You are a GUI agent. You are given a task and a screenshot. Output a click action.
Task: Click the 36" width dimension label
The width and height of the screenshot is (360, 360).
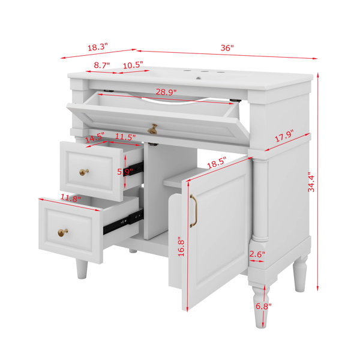click(227, 48)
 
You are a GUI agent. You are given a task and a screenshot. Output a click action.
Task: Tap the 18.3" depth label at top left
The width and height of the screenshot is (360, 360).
click(98, 47)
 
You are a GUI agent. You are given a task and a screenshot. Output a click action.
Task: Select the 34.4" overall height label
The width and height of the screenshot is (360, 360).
click(311, 182)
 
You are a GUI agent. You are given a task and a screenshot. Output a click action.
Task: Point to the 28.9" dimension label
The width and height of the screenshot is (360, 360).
click(166, 92)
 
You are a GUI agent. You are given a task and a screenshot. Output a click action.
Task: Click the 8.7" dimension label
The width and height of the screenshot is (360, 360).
click(102, 65)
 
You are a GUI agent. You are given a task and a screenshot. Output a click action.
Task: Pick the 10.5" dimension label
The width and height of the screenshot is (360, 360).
click(133, 65)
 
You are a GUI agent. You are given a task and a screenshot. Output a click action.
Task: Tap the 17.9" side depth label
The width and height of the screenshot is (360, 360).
click(284, 136)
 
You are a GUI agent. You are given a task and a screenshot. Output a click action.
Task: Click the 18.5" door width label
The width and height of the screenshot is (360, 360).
click(217, 163)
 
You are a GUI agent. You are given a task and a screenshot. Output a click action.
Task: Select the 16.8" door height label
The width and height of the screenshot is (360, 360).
click(181, 248)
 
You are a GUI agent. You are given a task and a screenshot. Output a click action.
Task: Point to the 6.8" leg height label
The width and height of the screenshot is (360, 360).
click(263, 306)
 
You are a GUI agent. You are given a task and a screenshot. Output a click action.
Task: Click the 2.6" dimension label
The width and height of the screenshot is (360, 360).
click(257, 254)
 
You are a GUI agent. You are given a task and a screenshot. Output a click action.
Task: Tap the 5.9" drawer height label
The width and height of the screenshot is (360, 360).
click(125, 172)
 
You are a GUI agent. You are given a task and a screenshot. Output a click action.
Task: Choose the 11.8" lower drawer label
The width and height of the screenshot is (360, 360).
click(71, 198)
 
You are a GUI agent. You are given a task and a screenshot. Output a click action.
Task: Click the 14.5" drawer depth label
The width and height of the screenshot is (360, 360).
click(95, 138)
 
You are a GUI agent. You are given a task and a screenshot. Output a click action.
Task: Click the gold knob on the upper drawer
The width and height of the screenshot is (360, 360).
click(84, 172)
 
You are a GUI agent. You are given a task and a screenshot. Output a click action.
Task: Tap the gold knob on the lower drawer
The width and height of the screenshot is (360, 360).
click(62, 232)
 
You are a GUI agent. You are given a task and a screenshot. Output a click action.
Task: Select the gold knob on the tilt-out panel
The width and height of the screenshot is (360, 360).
click(152, 129)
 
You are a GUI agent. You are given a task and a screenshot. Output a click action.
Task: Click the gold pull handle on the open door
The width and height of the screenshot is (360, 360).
click(193, 211)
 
